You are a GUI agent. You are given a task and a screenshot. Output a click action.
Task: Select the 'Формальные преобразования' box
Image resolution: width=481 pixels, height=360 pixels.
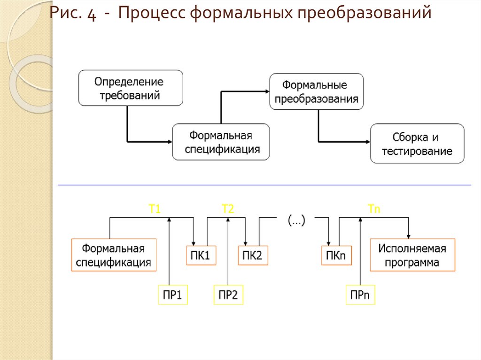(x=316, y=92)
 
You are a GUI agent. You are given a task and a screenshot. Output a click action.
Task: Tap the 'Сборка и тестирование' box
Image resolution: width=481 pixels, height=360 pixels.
(x=417, y=144)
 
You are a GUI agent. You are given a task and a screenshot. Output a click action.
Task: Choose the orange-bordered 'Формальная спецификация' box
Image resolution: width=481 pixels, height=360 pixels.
(x=114, y=255)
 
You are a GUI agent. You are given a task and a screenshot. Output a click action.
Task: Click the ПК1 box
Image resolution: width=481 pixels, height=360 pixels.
(x=201, y=255)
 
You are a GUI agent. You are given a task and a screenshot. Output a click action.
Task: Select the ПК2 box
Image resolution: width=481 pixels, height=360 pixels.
(x=253, y=255)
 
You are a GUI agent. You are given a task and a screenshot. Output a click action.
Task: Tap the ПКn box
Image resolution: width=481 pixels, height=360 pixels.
(x=336, y=255)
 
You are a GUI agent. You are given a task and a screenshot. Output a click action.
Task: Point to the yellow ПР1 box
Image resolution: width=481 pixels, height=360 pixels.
(x=172, y=295)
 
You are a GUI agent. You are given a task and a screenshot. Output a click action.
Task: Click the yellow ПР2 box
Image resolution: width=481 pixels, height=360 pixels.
(x=228, y=295)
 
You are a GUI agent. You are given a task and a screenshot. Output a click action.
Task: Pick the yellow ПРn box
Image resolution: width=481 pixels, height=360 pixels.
(x=360, y=295)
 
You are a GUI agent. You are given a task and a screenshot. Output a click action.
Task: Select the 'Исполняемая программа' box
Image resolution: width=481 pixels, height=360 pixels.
(x=412, y=255)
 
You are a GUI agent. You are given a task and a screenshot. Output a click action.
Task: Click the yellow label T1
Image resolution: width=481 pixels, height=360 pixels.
(x=155, y=210)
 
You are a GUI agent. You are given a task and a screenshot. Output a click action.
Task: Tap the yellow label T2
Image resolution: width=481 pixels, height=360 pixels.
(x=227, y=210)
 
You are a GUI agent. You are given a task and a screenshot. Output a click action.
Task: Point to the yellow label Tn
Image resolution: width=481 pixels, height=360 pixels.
(x=374, y=210)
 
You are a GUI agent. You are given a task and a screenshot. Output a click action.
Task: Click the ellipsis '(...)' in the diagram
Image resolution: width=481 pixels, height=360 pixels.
(x=296, y=220)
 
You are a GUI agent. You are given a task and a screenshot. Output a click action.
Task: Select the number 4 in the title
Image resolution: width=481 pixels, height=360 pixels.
(x=91, y=14)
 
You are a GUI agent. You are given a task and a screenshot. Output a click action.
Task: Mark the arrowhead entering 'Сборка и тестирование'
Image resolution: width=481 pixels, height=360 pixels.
(x=368, y=141)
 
